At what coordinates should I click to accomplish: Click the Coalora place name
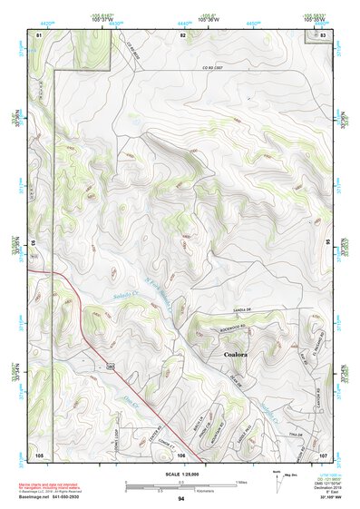coord(237,355)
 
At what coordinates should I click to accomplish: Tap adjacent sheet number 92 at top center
coord(182,34)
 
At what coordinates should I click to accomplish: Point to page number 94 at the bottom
coord(181,499)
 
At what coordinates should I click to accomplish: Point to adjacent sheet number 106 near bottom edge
coord(181,455)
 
